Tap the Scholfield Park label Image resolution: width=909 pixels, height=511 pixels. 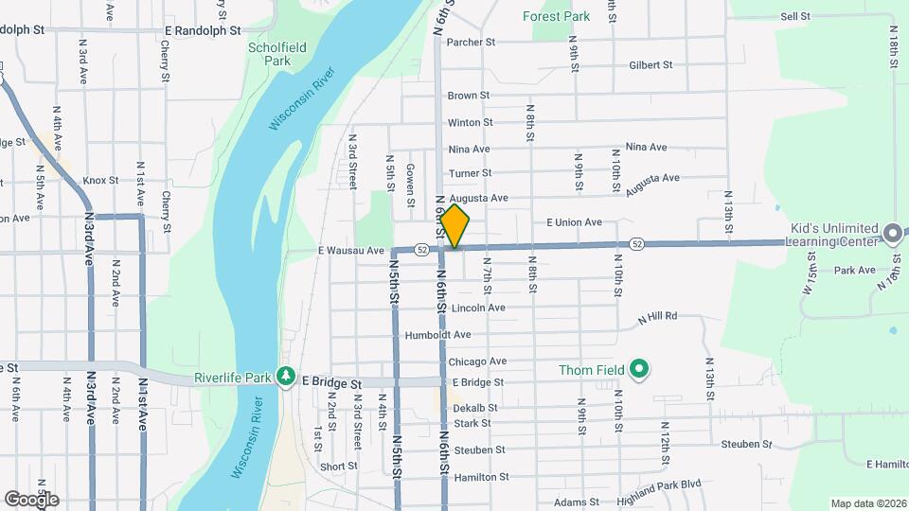click(x=269, y=54)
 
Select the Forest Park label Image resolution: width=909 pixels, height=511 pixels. click(x=556, y=16)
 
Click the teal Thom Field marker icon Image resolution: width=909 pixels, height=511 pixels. click(x=639, y=369)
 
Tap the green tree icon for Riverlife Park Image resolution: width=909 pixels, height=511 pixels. click(x=285, y=377)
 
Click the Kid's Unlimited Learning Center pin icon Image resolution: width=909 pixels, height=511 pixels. click(x=892, y=233)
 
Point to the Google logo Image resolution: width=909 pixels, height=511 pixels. click(x=31, y=499)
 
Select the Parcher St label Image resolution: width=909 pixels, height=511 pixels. click(x=472, y=43)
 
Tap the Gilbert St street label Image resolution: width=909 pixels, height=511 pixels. click(x=651, y=65)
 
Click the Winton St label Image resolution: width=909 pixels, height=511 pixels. click(x=471, y=122)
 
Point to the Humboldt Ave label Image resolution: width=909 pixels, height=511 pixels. click(x=437, y=335)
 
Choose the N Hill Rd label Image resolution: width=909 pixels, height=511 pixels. click(x=658, y=316)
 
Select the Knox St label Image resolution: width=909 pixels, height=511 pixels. click(x=100, y=180)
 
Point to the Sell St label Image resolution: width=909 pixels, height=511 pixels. click(x=795, y=16)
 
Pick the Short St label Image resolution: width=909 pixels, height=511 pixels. click(x=338, y=466)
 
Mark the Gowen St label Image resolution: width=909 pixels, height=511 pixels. click(x=411, y=184)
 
